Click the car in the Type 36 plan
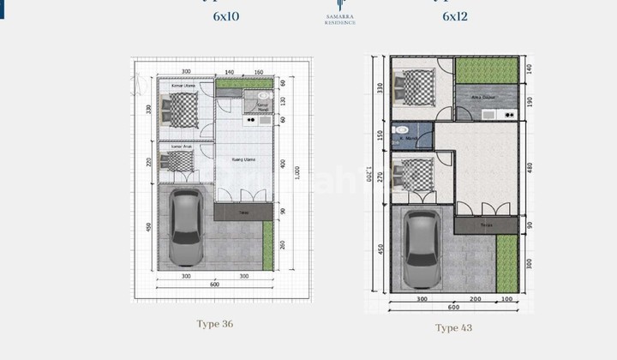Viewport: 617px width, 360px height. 185,227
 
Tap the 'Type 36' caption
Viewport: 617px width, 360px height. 214,324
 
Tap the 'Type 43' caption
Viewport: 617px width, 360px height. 453,327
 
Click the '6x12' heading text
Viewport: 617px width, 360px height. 456,16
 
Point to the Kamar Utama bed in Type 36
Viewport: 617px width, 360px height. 182,110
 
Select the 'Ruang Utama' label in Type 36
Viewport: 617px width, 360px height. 243,159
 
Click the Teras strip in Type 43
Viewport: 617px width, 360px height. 486,225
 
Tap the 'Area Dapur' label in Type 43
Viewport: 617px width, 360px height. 483,98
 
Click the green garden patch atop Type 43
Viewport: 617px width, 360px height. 486,70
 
